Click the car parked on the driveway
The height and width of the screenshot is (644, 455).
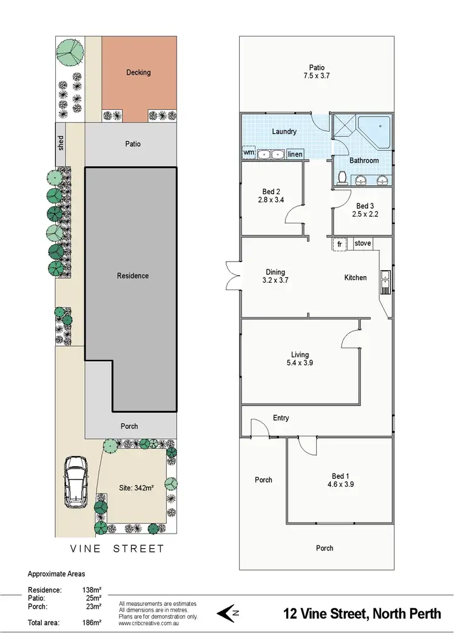click(x=76, y=481)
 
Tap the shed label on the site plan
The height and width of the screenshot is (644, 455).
click(x=61, y=143)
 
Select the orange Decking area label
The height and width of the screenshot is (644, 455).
click(x=138, y=72)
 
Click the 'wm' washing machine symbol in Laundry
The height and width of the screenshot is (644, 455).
click(x=249, y=154)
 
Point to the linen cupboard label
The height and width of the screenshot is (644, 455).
click(x=295, y=154)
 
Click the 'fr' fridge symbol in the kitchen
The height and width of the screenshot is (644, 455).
click(x=339, y=243)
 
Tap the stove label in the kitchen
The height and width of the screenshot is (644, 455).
click(x=362, y=243)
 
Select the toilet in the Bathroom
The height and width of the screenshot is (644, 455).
click(x=342, y=177)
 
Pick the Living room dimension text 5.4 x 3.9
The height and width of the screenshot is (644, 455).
click(x=300, y=363)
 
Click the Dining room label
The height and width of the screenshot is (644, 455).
click(x=275, y=273)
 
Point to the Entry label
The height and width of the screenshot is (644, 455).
click(x=281, y=418)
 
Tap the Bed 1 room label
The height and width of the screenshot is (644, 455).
click(x=340, y=476)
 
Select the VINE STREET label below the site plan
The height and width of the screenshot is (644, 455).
click(x=116, y=549)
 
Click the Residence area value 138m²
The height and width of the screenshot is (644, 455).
click(x=92, y=589)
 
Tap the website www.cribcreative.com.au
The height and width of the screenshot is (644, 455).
click(x=148, y=623)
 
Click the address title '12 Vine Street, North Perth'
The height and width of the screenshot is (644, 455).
click(x=362, y=614)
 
